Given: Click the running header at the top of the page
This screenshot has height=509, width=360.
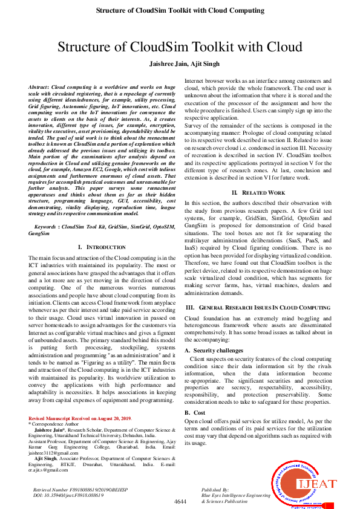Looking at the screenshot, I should [180, 11].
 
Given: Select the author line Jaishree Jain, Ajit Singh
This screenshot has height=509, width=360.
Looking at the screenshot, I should [180, 63].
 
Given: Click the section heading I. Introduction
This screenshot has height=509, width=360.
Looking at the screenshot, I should [102, 247].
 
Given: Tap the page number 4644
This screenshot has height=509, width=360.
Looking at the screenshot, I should [180, 502].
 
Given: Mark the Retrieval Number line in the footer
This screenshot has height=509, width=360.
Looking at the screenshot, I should [77, 488].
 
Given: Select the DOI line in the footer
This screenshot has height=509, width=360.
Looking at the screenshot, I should [68, 494].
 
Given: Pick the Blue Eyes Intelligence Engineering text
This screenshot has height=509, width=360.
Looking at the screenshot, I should [235, 494].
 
